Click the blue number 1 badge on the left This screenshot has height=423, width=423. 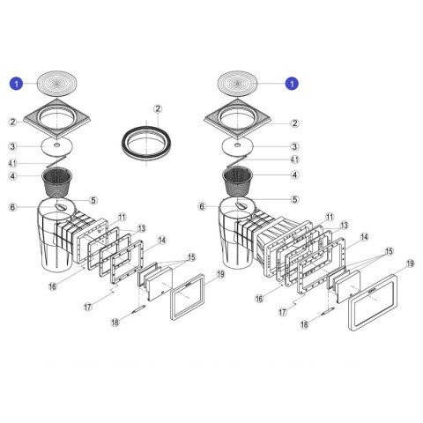pos(16,84)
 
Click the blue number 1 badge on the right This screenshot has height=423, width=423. pos(292,84)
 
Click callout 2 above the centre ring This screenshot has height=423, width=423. pos(158,109)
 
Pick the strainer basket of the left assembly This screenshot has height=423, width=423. pos(57,182)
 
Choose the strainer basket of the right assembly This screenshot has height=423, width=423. pos(238,182)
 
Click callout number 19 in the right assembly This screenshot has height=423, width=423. pos(410,263)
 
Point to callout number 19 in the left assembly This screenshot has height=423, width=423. pos(220,274)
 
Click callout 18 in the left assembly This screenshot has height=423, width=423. pos(115,323)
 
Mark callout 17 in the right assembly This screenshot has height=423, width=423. pos(283,312)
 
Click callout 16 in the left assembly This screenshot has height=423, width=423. pos(52,286)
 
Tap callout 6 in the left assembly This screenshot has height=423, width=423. pos(12,207)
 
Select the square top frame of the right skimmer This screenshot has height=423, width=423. pos(237,119)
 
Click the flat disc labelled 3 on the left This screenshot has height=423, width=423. pos(57,146)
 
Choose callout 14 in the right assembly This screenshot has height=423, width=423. pos(364,237)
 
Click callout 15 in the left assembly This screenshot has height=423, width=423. pos(191,257)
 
